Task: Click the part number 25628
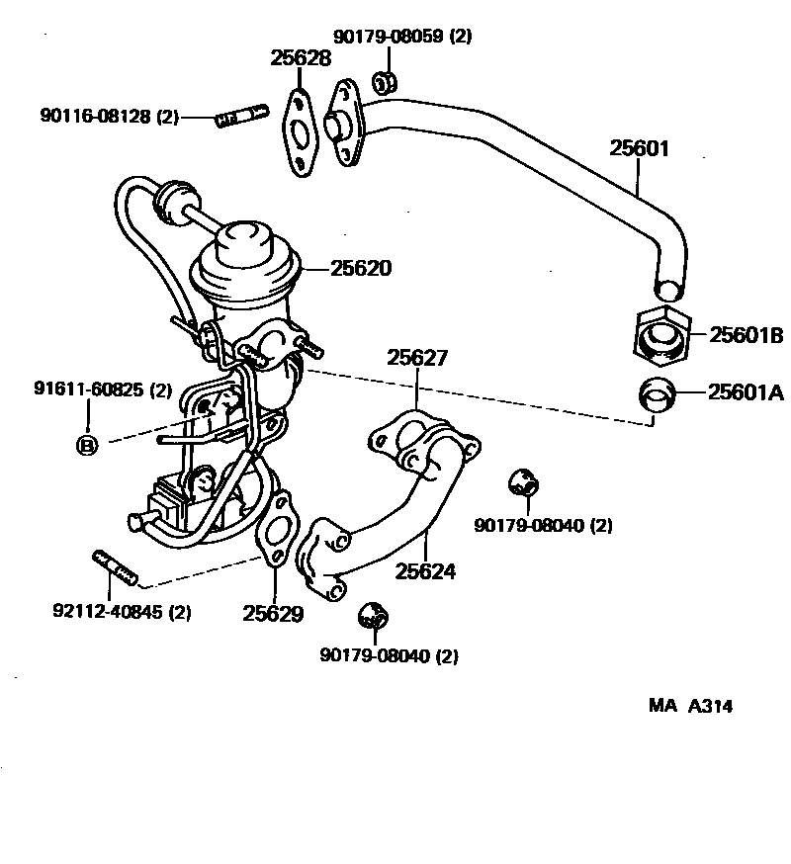(x=301, y=58)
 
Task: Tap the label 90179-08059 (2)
(x=402, y=37)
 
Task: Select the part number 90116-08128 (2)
(x=110, y=117)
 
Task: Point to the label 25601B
(x=746, y=336)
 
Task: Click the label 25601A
(x=746, y=392)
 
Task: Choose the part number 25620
(x=361, y=268)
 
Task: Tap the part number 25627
(x=416, y=358)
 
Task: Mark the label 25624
(x=425, y=570)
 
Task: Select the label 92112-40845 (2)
(x=122, y=611)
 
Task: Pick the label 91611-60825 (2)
(x=102, y=389)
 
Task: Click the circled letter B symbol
(x=88, y=445)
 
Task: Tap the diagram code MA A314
(x=691, y=706)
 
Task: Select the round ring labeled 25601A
(x=654, y=393)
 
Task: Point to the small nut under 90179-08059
(x=385, y=79)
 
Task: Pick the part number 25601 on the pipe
(x=639, y=148)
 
